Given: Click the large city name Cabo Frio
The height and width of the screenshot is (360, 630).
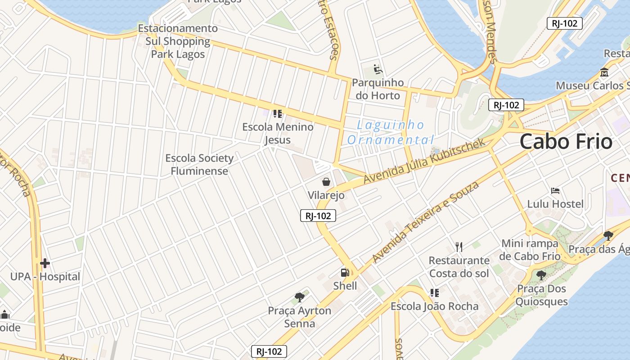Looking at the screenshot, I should (x=566, y=142).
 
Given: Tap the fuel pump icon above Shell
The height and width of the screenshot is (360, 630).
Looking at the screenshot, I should (x=345, y=273).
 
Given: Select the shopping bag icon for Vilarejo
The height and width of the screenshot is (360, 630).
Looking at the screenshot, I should (x=326, y=182).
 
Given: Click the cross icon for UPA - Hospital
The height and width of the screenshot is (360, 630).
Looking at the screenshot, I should (x=45, y=263).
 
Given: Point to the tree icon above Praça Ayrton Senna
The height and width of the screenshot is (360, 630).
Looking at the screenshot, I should (x=299, y=297).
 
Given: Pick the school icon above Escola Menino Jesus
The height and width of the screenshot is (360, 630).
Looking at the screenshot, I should (x=277, y=113).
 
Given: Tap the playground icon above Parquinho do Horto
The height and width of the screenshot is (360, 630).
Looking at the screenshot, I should (x=378, y=69).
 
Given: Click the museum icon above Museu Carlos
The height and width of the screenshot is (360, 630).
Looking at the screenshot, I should (x=604, y=72).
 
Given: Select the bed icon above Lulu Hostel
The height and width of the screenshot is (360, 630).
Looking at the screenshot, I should (x=555, y=191).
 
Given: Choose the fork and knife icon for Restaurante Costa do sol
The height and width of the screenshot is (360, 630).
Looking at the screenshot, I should (x=459, y=247).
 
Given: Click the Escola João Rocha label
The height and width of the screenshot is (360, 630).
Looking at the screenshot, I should (x=434, y=306).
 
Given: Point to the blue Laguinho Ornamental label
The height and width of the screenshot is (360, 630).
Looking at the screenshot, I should (x=390, y=132).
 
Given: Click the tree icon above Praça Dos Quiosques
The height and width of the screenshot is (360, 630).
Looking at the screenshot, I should (x=541, y=275).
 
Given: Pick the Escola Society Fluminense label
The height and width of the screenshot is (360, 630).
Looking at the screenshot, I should (x=199, y=165).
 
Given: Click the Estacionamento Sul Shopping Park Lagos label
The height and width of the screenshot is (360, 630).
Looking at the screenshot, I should (x=178, y=41).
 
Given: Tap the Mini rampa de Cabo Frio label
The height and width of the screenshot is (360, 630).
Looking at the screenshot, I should (x=530, y=250).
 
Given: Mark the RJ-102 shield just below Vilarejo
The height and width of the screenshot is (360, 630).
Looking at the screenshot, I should (x=318, y=216).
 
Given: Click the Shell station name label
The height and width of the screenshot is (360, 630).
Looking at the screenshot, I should (x=345, y=286).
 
